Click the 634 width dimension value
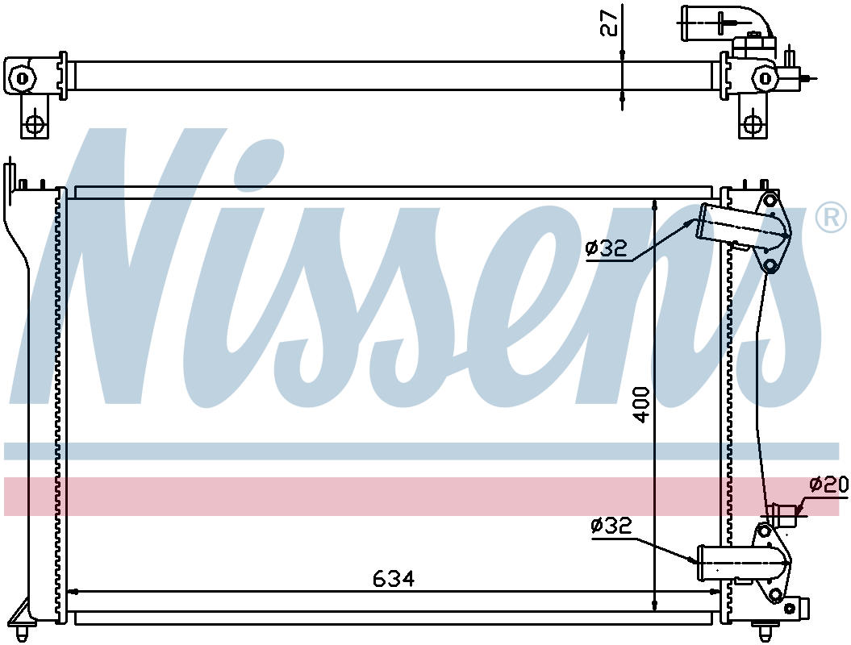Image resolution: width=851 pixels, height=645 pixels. [394, 579]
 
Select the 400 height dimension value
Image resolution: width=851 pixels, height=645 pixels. [641, 405]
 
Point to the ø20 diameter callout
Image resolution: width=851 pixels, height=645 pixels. [828, 484]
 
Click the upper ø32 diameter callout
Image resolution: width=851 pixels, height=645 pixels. [607, 248]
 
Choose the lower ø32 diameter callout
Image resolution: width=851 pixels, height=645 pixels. [611, 525]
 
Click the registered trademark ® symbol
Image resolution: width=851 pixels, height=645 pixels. [830, 218]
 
